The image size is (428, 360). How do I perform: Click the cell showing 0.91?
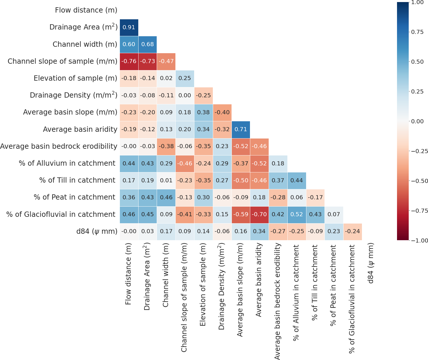coord(129,27)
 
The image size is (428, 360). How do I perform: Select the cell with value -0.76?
coord(129,61)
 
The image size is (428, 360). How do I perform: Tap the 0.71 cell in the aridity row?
coord(241,129)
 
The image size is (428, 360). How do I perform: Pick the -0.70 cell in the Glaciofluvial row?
coord(259,214)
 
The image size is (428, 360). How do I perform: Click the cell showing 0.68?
coord(148,44)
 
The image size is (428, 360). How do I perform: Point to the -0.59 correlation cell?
coord(241,214)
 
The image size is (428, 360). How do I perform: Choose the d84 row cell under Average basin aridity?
coord(259,231)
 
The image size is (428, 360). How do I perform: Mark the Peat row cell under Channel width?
coord(166,198)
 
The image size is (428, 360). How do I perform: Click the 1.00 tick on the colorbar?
coord(417,2)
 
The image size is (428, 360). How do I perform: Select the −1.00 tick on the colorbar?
coord(417,240)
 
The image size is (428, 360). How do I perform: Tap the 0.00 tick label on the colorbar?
coord(417,121)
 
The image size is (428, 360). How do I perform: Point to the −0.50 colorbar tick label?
coord(417,181)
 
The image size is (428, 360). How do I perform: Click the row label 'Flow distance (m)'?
coord(86,11)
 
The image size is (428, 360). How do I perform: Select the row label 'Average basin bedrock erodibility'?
coord(59,146)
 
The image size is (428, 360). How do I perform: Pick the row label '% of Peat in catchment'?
coord(75,198)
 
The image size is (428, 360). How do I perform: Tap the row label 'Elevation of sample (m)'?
coord(75,78)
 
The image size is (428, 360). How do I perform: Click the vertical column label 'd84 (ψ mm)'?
coord(371,263)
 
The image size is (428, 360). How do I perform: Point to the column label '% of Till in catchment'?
coord(315,283)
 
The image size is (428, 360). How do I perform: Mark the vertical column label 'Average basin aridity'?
coord(259,280)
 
